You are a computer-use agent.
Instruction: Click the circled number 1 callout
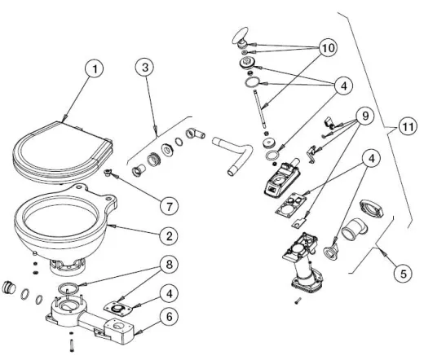96,70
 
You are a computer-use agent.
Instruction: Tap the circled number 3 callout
146,69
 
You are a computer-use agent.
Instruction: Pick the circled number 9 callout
359,115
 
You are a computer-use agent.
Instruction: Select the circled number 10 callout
327,49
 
